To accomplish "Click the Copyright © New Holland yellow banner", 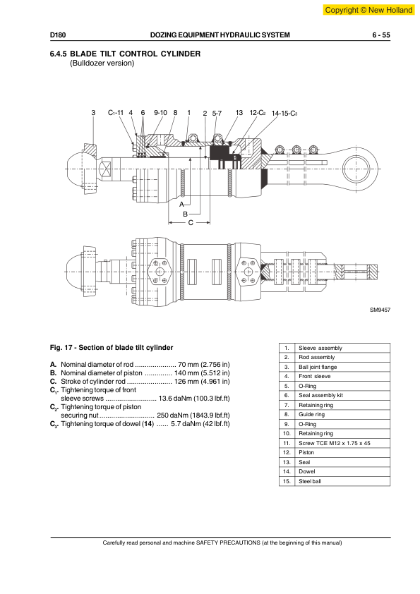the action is (368, 10).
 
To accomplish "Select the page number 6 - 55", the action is (381, 35).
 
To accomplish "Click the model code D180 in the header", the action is (58, 35).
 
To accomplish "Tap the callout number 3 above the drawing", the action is (93, 112).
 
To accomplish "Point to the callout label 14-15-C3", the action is (284, 114).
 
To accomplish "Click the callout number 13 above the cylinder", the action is (239, 112).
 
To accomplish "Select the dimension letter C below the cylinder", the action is (191, 223).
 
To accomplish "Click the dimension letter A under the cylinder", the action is (181, 205).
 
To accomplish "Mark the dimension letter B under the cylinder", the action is (186, 214).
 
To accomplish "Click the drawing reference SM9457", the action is (380, 310).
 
